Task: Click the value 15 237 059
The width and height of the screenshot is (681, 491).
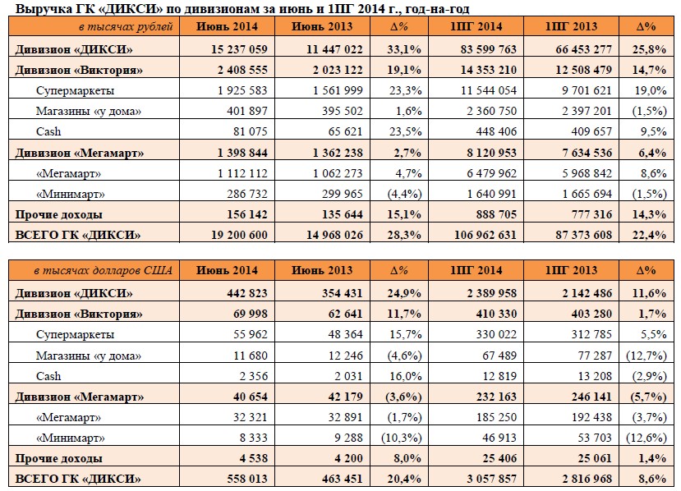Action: pyautogui.click(x=239, y=49)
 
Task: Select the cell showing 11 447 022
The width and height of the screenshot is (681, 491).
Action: pyautogui.click(x=334, y=49)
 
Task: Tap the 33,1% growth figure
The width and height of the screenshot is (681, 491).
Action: pyautogui.click(x=404, y=49)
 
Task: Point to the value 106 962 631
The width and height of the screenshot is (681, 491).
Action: pyautogui.click(x=485, y=235)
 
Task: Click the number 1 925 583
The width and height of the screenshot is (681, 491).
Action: pyautogui.click(x=243, y=90)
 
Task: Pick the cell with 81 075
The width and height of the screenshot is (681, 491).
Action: pyautogui.click(x=251, y=131)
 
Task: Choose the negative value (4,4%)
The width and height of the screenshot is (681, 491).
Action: pyautogui.click(x=404, y=194)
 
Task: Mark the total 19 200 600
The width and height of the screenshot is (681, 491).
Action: pyautogui.click(x=239, y=235)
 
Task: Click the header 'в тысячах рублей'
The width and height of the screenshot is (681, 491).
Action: pyautogui.click(x=126, y=27)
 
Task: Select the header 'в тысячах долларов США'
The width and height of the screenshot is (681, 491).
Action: pyautogui.click(x=104, y=271)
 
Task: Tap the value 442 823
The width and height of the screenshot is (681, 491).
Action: pyautogui.click(x=247, y=293)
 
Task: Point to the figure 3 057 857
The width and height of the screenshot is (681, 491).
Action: pyautogui.click(x=491, y=479)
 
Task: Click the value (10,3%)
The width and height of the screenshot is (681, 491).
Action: pyautogui.click(x=402, y=438)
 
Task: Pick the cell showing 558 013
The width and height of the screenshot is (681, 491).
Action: pyautogui.click(x=247, y=479)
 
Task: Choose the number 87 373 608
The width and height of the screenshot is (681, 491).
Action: pyautogui.click(x=584, y=235)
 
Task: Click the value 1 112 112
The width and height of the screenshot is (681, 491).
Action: pyautogui.click(x=243, y=173)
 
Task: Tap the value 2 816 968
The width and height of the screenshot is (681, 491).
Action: pyautogui.click(x=587, y=479)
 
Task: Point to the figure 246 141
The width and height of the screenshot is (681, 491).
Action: pyautogui.click(x=591, y=397)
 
